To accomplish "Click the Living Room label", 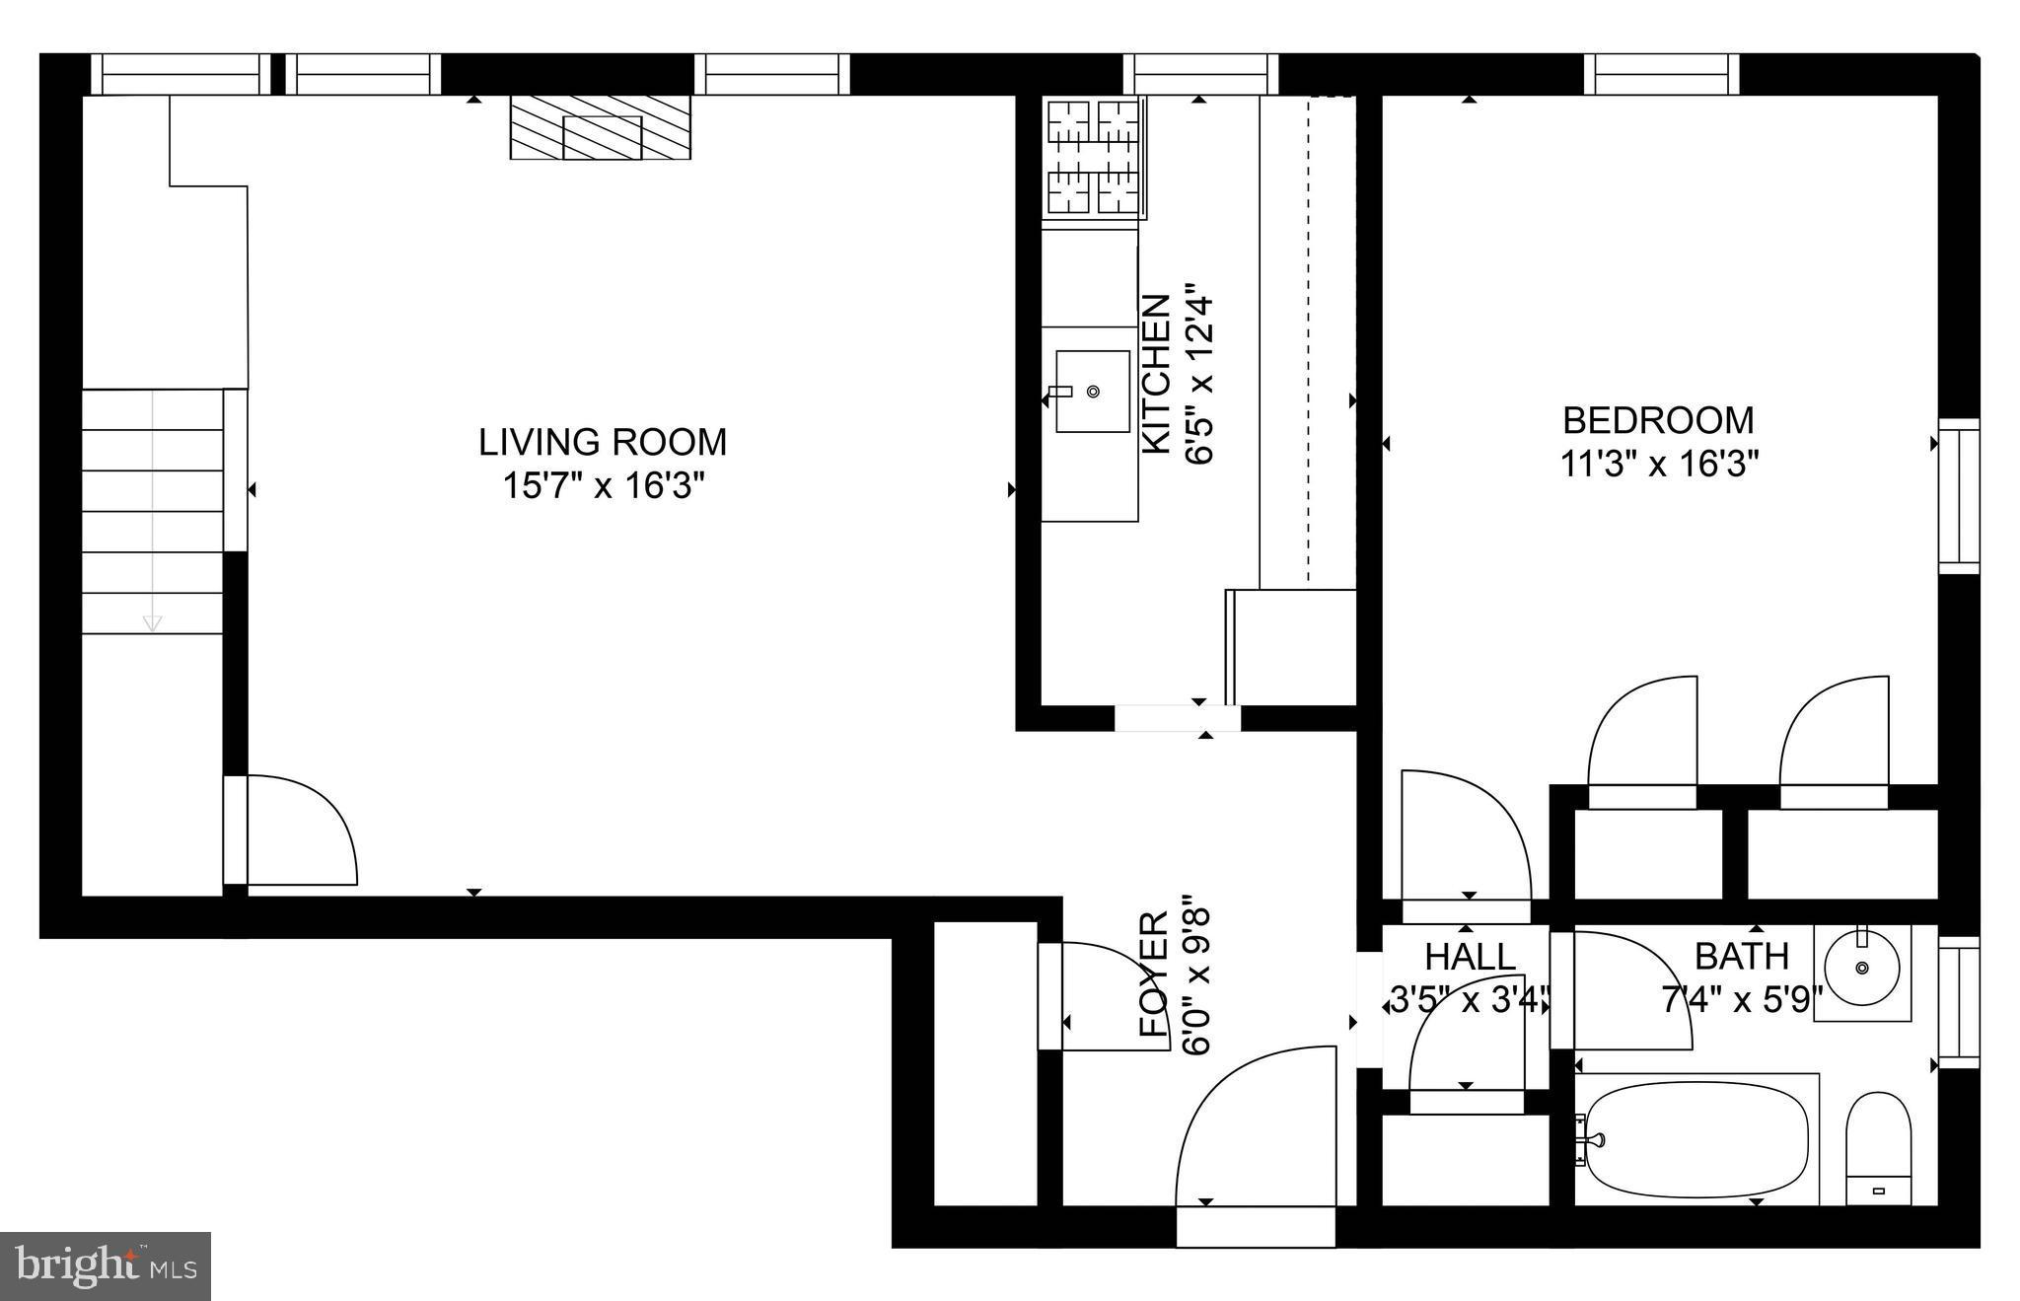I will tap(603, 442).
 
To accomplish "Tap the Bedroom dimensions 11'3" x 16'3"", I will tap(1659, 464).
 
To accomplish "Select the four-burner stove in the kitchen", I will tap(1093, 158).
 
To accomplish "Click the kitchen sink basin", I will tap(1093, 392).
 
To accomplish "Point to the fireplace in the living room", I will tap(600, 127).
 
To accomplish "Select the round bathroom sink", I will tap(1862, 967).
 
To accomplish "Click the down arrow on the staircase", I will tap(152, 622).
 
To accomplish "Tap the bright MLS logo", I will tap(106, 1265).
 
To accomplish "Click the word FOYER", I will tap(1154, 975).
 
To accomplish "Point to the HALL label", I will tap(1470, 957).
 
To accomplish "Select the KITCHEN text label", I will tap(1155, 374).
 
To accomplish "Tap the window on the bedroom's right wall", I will tap(1959, 496).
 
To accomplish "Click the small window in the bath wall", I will tap(1959, 1002).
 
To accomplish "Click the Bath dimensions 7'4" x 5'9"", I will tap(1742, 1001).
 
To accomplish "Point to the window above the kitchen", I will tap(1200, 74).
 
